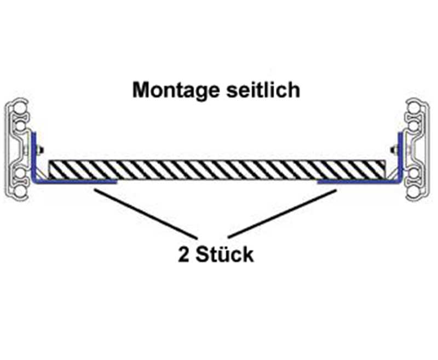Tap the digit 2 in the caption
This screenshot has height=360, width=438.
184,255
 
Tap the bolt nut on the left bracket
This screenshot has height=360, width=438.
41,150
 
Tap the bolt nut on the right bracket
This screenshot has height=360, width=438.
394,150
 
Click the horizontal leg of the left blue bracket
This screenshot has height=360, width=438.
77,181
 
